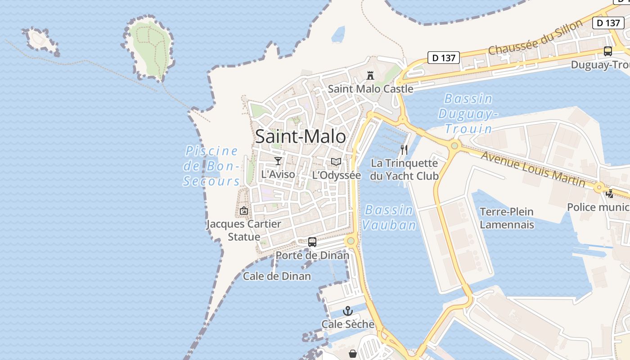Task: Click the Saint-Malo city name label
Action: tap(301, 136)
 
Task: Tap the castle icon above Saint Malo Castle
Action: tap(370, 75)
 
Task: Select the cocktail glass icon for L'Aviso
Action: tap(278, 161)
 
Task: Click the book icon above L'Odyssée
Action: tap(336, 162)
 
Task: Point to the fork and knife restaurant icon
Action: tap(404, 150)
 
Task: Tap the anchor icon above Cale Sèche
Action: tap(348, 311)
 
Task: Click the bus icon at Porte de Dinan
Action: tap(312, 242)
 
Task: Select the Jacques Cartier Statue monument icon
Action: tap(243, 210)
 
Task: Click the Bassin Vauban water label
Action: tap(389, 217)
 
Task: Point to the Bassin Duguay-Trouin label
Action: tap(468, 113)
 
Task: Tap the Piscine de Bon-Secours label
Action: tap(211, 166)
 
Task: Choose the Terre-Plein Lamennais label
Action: tap(507, 218)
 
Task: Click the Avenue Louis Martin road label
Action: tap(533, 169)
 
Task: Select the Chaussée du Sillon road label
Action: tap(535, 38)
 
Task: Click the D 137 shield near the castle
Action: tap(443, 58)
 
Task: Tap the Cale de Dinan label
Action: tap(277, 276)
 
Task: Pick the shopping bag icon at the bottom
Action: tap(353, 354)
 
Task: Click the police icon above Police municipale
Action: tap(610, 194)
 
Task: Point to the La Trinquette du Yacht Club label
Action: tap(404, 169)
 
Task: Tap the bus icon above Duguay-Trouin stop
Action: tap(608, 51)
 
